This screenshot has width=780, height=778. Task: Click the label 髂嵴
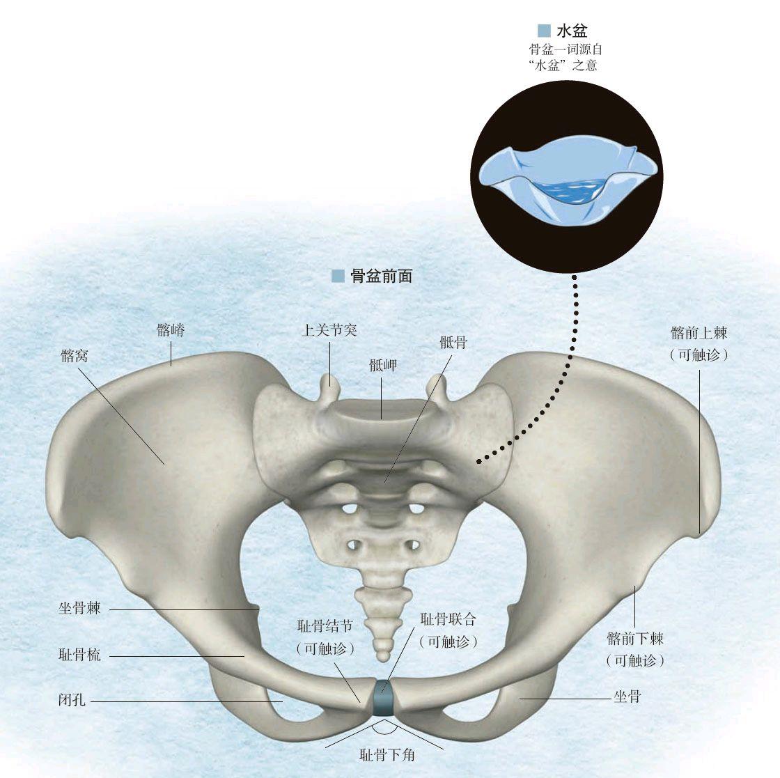(x=171, y=330)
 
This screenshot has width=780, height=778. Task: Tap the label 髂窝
(x=75, y=356)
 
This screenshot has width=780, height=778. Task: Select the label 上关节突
(x=329, y=330)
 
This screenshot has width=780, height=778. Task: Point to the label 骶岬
(x=383, y=365)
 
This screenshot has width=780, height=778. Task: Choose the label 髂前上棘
(x=699, y=333)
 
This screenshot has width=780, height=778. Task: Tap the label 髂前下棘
(x=635, y=638)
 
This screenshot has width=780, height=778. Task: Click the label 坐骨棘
(x=79, y=608)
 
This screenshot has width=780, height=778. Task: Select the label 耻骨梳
(x=79, y=655)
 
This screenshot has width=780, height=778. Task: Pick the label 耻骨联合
(x=448, y=618)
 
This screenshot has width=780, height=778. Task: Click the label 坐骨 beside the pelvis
(x=627, y=696)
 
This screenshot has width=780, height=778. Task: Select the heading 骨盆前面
(x=382, y=276)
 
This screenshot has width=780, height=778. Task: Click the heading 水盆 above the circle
(x=572, y=30)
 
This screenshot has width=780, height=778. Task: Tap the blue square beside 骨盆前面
(x=338, y=276)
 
